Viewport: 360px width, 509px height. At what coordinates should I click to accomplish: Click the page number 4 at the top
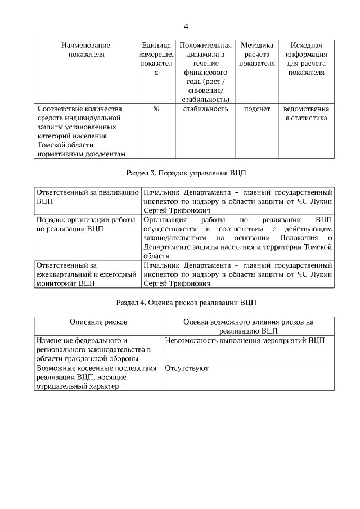pos(186,26)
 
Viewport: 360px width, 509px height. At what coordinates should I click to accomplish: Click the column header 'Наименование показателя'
pos(85,50)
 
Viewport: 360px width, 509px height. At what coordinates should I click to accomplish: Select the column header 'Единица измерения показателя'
pos(156,59)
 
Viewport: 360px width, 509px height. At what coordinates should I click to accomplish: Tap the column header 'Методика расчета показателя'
pos(256,55)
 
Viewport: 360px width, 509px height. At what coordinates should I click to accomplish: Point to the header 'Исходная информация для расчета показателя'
pos(306,59)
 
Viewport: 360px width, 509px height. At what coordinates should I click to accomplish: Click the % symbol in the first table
pos(156,109)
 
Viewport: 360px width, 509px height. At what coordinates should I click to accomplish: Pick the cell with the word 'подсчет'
pos(256,109)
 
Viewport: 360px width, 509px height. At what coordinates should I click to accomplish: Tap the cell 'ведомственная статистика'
pos(306,114)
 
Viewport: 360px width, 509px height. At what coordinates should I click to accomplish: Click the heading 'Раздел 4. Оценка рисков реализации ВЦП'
pos(186,303)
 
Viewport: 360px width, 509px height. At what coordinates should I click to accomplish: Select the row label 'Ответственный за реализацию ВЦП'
pos(87,197)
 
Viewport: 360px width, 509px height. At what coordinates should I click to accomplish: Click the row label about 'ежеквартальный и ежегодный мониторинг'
pos(87,274)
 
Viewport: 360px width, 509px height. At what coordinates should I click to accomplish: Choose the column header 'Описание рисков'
pos(98,322)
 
